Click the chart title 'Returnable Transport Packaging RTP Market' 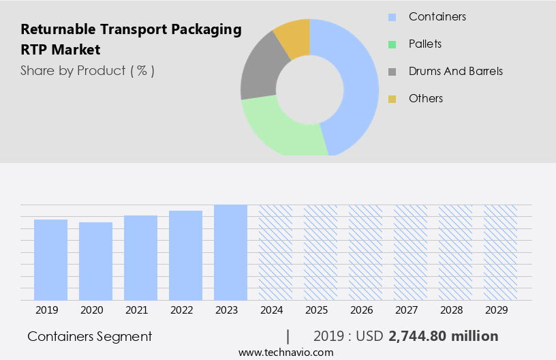point(132,40)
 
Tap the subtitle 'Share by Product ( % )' point(87,70)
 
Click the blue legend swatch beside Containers point(392,17)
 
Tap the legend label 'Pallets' point(425,44)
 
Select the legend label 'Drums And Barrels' point(456,71)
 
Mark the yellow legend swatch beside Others point(392,99)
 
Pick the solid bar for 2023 point(230,252)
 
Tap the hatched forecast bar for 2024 point(275,252)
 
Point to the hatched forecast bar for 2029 point(500,252)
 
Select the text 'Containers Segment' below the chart point(90,336)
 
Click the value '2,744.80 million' point(443,336)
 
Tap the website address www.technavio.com point(286,352)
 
